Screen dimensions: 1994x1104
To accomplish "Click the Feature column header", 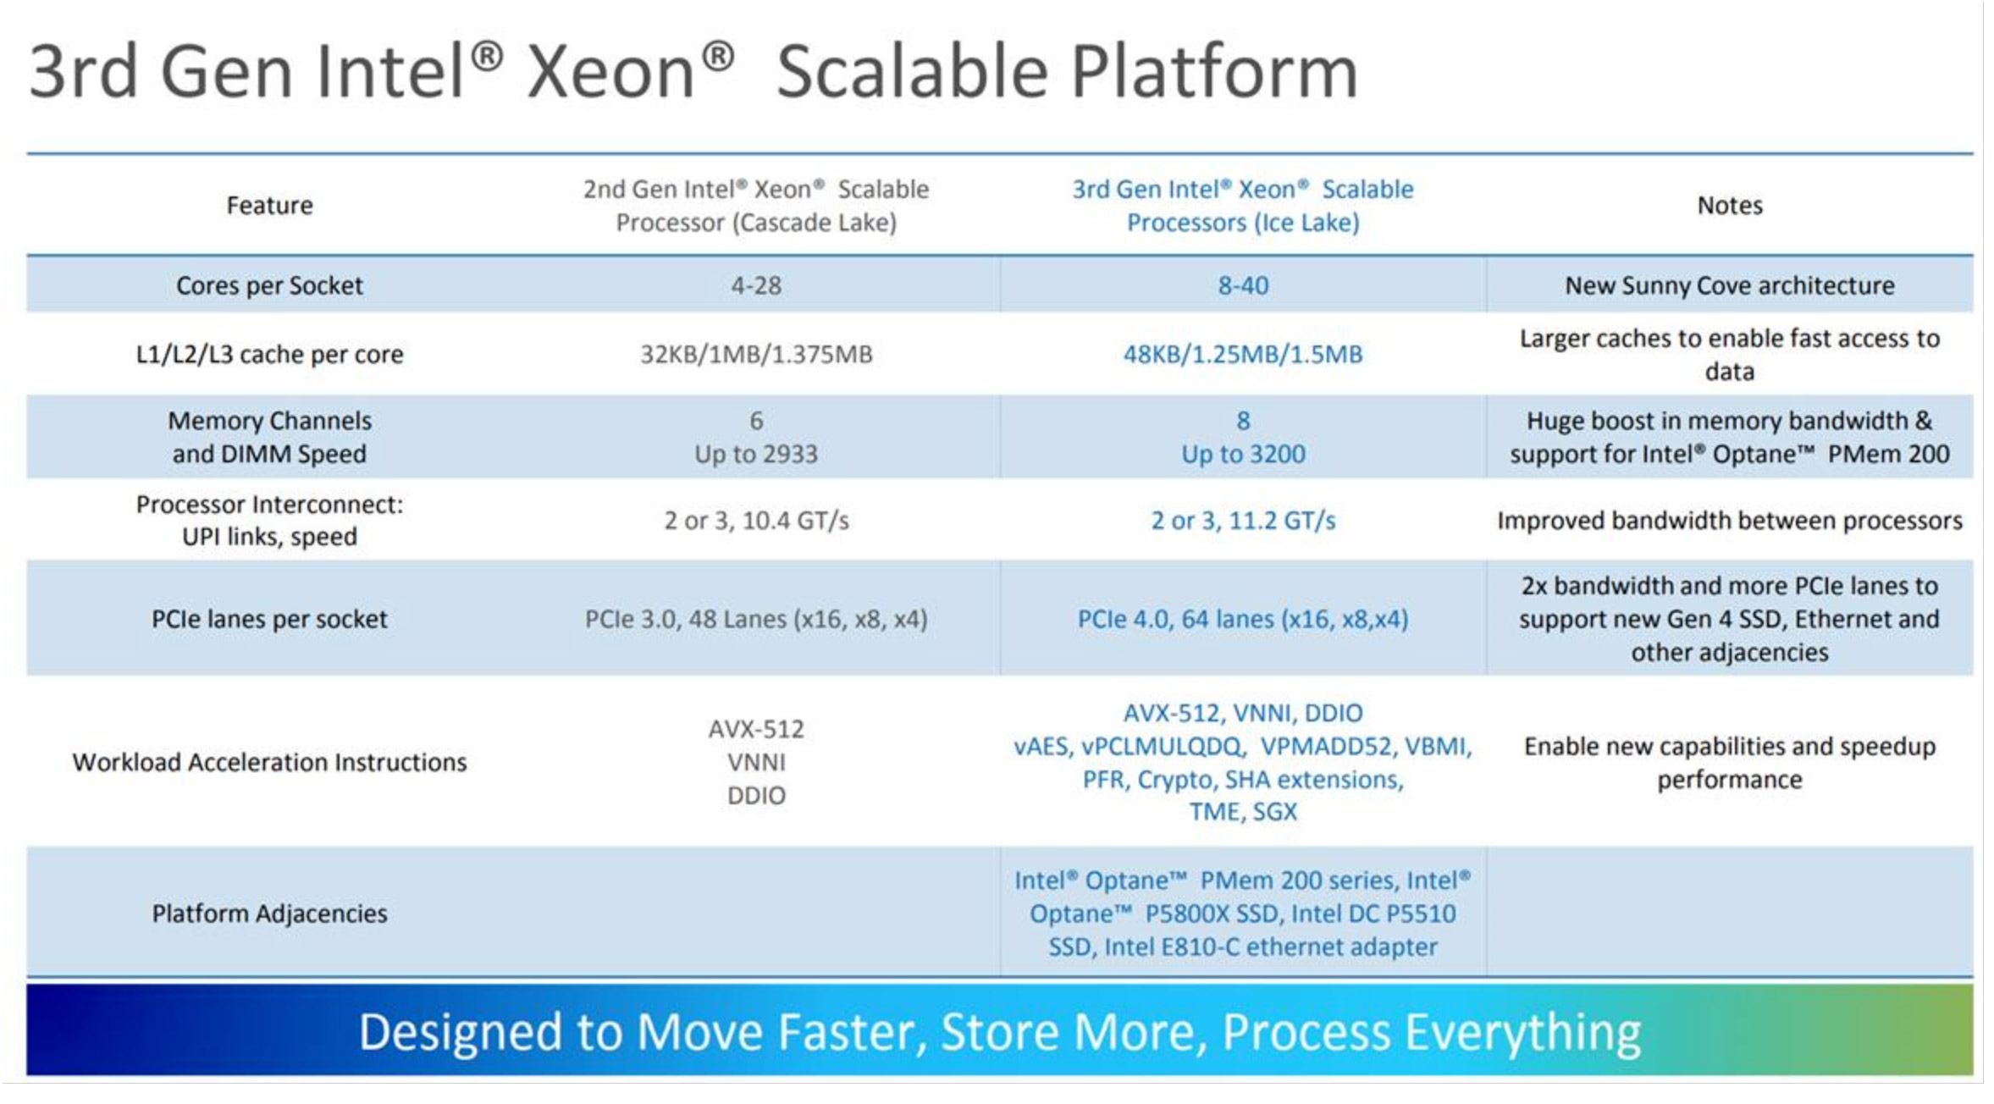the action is (269, 206).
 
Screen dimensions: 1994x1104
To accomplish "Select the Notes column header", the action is (1729, 206).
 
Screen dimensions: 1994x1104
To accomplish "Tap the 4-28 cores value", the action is (756, 285).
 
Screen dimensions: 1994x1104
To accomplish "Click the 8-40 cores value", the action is (1243, 285).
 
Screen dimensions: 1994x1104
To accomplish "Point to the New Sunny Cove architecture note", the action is (1729, 285).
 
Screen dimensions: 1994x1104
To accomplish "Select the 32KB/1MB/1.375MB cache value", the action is (756, 354).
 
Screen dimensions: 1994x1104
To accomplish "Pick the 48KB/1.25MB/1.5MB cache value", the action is (1243, 354).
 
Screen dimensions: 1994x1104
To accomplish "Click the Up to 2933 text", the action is (756, 455).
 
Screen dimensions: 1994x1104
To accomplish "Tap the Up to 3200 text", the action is (1243, 455).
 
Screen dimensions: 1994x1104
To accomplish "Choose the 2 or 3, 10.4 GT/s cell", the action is (756, 521).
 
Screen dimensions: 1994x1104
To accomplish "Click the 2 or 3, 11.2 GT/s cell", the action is (1243, 521).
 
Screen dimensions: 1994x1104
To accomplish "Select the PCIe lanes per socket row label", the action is (269, 620).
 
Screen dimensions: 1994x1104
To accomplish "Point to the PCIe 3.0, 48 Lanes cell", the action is (756, 620).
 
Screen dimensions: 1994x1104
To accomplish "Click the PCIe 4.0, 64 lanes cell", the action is (1243, 620).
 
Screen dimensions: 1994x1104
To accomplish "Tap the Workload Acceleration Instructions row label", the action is (269, 763).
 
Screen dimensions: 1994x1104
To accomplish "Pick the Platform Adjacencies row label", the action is (269, 914).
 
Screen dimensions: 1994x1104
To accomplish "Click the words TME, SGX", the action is (1243, 812).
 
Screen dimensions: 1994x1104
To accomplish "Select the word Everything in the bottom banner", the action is (1522, 1033).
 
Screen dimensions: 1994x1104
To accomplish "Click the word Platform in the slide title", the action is (1214, 73).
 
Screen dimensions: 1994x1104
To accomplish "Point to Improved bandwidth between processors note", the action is (1729, 521).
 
